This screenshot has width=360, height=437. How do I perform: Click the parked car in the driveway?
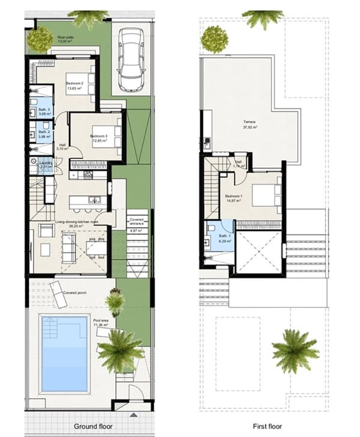pos(131,59)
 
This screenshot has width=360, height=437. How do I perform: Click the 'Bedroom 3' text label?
pos(98,137)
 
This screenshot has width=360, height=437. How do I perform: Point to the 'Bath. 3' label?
pos(44,110)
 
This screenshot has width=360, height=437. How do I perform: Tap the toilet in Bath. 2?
pos(32,134)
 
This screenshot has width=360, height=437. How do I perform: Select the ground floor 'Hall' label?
pos(62,145)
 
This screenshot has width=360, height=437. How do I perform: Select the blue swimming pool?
pos(64,353)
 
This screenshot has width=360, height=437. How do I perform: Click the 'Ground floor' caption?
pos(93,426)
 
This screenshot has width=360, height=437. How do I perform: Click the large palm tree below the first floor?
pos(295,350)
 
